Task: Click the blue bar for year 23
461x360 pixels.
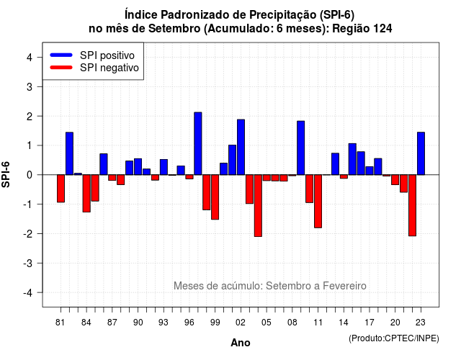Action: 421,153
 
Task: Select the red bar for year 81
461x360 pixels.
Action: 61,189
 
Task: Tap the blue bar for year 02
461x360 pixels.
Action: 241,147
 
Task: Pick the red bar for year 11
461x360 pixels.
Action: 318,202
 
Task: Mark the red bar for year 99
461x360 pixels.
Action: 215,197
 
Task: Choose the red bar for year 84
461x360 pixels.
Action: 86,194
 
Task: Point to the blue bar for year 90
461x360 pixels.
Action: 138,166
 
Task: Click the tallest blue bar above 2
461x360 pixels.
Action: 198,143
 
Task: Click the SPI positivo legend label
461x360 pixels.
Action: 107,55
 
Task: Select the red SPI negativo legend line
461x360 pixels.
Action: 61,67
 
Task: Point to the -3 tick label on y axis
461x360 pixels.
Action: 28,264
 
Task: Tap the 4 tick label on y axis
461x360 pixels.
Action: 30,57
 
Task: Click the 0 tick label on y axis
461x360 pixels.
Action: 30,175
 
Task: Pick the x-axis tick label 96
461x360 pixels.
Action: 189,323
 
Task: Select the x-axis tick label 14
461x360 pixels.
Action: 344,323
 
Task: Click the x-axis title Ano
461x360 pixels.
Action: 241,343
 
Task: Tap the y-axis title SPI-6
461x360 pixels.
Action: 6,174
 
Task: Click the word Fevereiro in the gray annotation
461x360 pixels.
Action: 344,286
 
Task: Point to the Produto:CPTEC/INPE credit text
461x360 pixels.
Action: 394,338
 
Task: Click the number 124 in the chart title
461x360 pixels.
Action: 382,29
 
